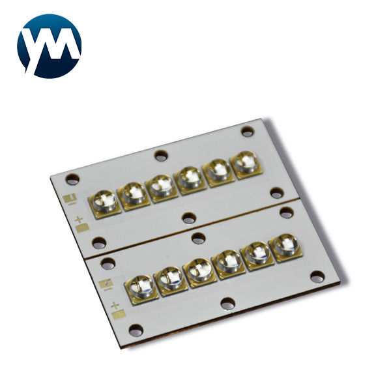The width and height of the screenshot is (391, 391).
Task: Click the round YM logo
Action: point(49,46)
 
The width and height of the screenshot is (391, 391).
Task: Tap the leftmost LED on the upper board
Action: point(104,203)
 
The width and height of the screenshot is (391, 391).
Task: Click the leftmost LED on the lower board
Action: point(141,289)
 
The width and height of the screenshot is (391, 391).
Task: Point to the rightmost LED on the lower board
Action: point(285,248)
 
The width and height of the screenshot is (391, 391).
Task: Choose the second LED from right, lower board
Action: point(257,255)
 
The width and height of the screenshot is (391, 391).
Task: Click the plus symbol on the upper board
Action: point(79,220)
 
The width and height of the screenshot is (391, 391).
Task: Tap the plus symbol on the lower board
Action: point(115,305)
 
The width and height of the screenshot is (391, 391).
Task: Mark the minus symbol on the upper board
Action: point(72,204)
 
